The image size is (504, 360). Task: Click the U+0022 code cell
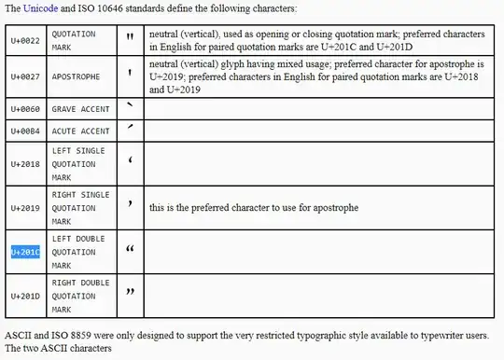coord(24,39)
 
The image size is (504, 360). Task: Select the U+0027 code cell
coord(24,78)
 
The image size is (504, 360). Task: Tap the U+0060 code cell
coord(24,109)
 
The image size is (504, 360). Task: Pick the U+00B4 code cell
coord(24,132)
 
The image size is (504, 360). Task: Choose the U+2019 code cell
coord(24,207)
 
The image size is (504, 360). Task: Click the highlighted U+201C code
coord(24,252)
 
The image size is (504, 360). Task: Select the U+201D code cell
coord(24,296)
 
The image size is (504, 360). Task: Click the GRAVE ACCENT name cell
coord(80,109)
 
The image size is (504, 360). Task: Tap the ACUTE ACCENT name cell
coord(80,132)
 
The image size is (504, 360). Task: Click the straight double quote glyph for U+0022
coord(130,38)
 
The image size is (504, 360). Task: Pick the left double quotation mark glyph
coord(130,250)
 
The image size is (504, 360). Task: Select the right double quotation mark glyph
coord(130,293)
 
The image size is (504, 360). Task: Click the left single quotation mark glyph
coord(130,161)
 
